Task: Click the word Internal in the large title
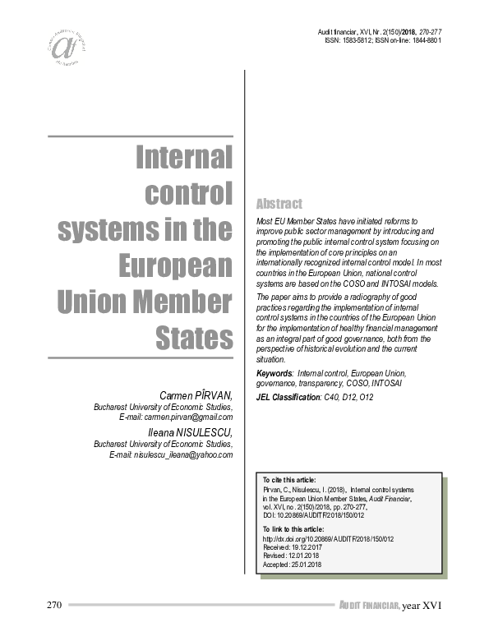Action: pyautogui.click(x=183, y=157)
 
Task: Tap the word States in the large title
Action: pyautogui.click(x=194, y=337)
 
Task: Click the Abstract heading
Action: pyautogui.click(x=279, y=203)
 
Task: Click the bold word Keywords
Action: pyautogui.click(x=274, y=373)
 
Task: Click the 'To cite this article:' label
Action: pyautogui.click(x=288, y=479)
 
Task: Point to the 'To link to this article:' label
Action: pyautogui.click(x=293, y=528)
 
